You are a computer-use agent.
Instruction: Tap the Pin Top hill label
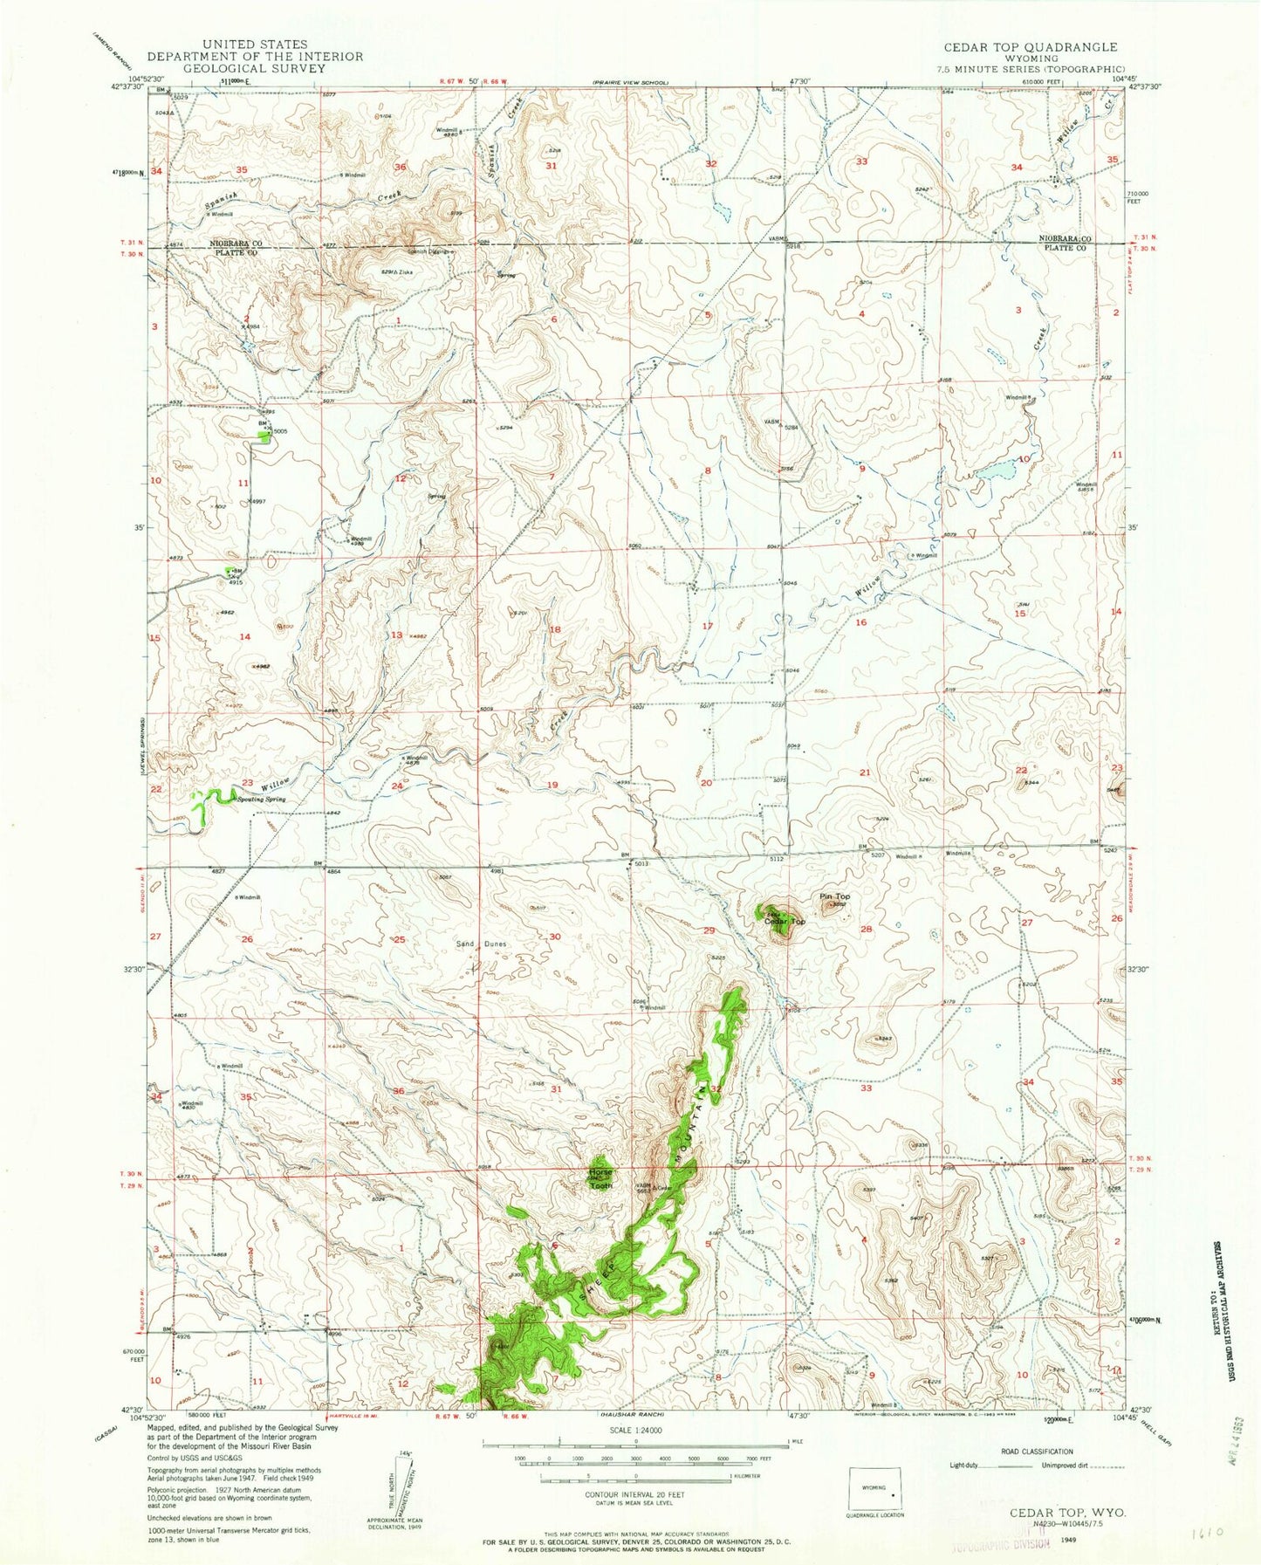pyautogui.click(x=834, y=896)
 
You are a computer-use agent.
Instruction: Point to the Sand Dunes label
pyautogui.click(x=482, y=944)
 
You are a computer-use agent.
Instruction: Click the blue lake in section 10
pyautogui.click(x=995, y=472)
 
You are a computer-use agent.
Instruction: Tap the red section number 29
pyautogui.click(x=709, y=930)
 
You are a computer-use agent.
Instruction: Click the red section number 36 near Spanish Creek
pyautogui.click(x=400, y=167)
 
